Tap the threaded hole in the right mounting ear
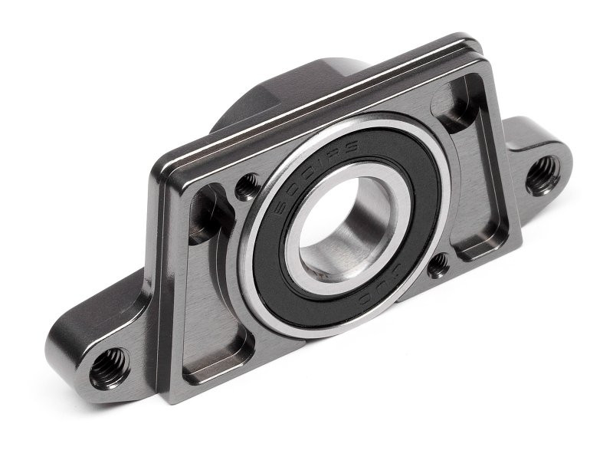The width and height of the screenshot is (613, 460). [543, 175]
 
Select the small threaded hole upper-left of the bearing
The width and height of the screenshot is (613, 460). [247, 186]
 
